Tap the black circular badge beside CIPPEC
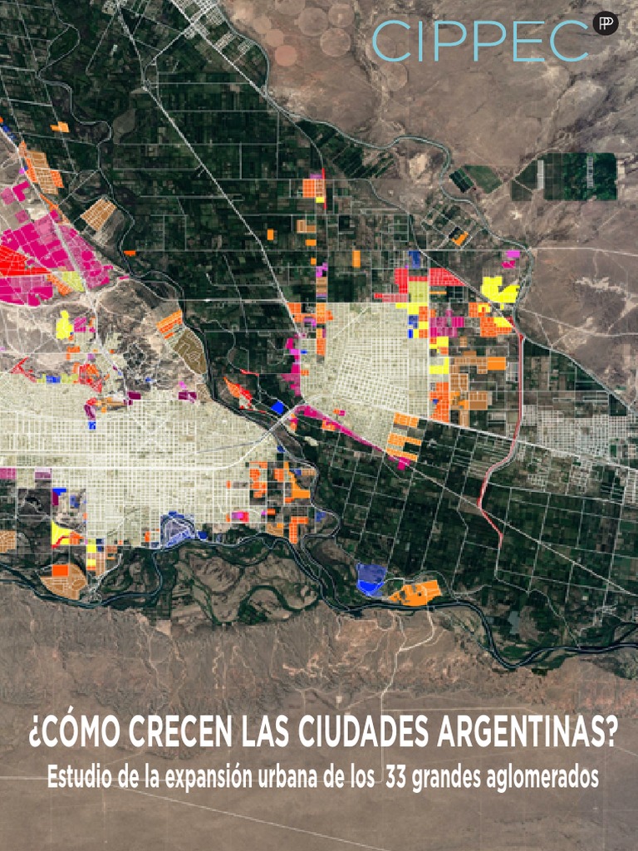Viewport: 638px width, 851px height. pyautogui.click(x=606, y=24)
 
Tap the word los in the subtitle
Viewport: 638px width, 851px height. pyautogui.click(x=360, y=779)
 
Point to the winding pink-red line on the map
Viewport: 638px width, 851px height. pyautogui.click(x=498, y=465)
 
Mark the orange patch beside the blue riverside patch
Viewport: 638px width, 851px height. pyautogui.click(x=413, y=593)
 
